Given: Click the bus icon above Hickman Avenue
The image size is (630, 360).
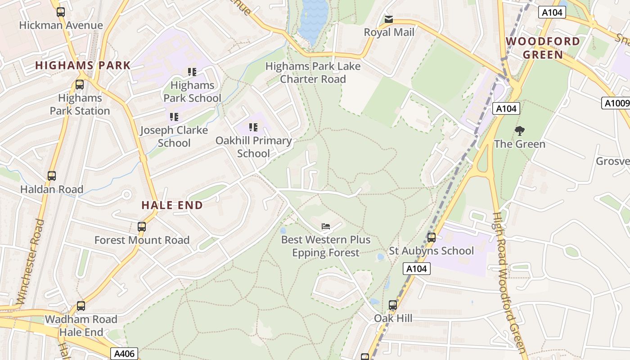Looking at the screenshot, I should tap(61, 12).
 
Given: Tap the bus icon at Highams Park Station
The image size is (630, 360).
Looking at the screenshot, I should tap(80, 84).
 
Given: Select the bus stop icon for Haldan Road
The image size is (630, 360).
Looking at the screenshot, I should tap(52, 176).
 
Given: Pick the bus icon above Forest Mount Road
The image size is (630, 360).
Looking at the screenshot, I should tap(142, 227).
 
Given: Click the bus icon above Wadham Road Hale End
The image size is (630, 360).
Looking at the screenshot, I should tap(81, 306).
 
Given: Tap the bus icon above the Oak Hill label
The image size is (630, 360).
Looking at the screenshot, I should tap(393, 305).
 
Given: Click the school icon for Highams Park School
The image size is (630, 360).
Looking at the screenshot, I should tap(192, 72).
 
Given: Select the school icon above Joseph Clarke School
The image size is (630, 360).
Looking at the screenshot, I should tap(174, 117).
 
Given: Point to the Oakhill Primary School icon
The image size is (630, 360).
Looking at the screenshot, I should tap(253, 127).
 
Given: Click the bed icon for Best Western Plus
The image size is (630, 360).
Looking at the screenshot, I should tap(326, 226).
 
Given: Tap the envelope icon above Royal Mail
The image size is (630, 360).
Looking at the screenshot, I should tap(389, 19).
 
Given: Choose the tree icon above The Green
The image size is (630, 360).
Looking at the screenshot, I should tap(520, 131).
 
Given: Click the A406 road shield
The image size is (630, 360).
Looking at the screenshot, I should tap(124, 354).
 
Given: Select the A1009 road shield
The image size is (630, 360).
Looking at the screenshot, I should tap(616, 103).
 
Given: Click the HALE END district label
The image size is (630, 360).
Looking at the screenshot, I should tap(172, 205).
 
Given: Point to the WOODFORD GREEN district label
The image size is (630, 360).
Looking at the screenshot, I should tap(543, 48).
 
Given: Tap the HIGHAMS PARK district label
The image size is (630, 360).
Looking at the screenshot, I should tap(83, 65).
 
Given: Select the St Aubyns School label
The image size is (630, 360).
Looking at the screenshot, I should tap(431, 251).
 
